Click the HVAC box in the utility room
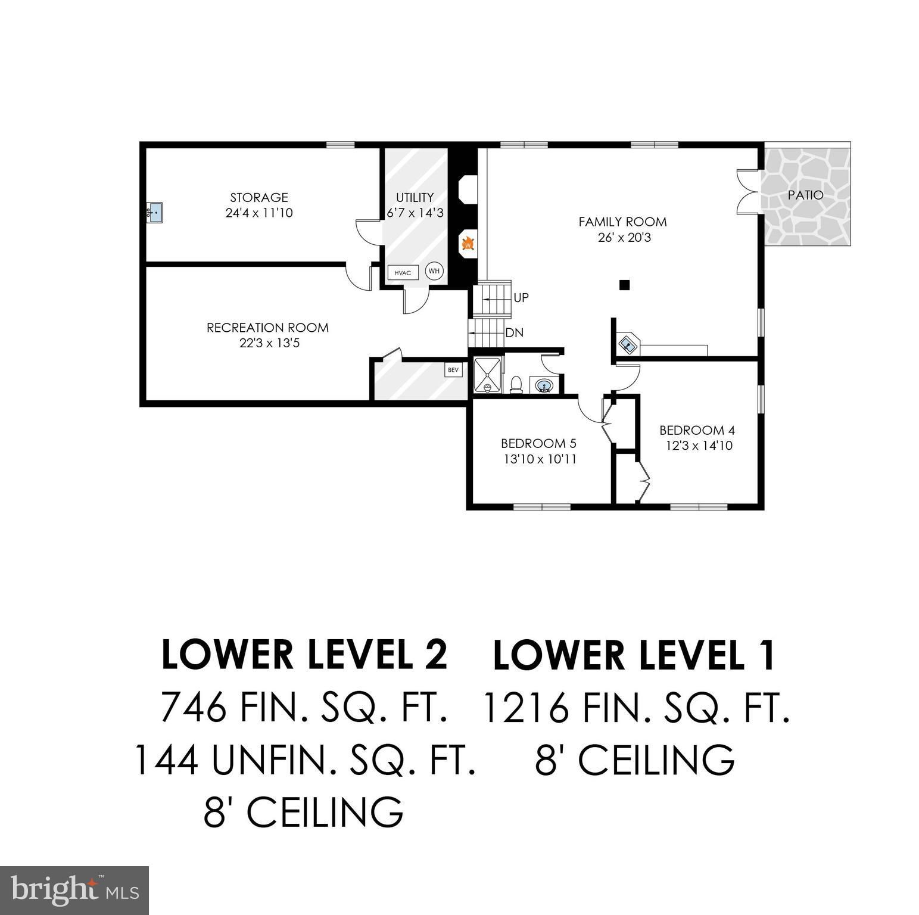coord(403,273)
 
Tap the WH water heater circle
coord(434,271)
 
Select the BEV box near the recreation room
coord(453,370)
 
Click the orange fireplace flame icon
coord(468,244)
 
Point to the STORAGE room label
coord(259,197)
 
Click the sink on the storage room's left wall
coord(154,211)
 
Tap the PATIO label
coord(805,195)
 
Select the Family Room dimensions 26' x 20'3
coord(622,238)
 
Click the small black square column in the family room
coord(624,285)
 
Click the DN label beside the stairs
coord(514,333)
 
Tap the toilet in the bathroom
coord(516,384)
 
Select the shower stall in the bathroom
coord(488,375)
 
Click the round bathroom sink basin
coord(543,387)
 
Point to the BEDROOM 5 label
coord(538,443)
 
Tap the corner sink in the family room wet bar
coord(628,344)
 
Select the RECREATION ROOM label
coord(267,328)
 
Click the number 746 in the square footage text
coord(194,708)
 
